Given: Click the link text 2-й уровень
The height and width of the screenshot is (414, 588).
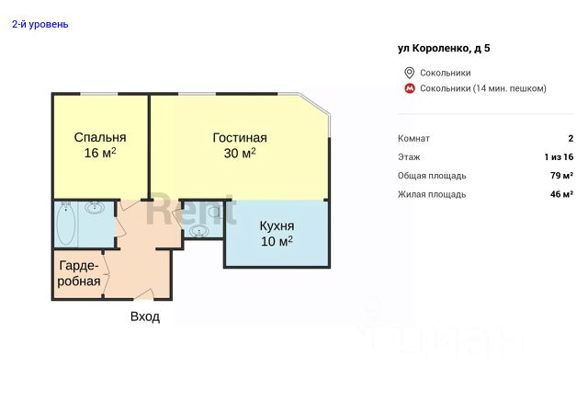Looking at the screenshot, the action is click(40, 25).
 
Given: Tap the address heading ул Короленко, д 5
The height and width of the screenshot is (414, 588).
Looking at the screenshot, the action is click(444, 49).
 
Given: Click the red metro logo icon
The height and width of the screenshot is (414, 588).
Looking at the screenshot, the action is click(409, 88).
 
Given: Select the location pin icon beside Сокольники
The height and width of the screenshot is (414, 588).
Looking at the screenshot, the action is click(409, 73).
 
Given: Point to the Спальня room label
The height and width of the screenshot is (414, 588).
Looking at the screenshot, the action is click(100, 137).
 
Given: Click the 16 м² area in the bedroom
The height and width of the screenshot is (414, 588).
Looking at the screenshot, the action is click(100, 153).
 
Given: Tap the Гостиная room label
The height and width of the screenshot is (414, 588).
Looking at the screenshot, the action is click(240, 138).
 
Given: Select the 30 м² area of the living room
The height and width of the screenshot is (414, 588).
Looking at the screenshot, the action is click(240, 154).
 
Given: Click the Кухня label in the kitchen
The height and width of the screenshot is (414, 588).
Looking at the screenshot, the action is click(277, 226).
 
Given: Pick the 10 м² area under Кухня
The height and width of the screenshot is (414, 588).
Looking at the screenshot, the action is click(277, 241).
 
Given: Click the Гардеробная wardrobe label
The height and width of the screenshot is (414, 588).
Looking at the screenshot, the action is click(79, 273).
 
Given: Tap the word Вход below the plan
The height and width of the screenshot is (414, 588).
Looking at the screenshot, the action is click(145, 316).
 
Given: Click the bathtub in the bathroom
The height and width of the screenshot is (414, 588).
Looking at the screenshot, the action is click(65, 224).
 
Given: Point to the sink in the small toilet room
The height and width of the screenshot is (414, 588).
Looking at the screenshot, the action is click(198, 231).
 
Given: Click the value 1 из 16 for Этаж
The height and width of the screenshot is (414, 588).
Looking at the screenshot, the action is click(559, 157).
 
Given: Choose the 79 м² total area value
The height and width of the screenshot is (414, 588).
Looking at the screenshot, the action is click(561, 176).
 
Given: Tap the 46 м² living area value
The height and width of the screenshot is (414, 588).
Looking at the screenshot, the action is click(561, 194).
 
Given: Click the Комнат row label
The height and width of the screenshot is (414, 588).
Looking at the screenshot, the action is click(413, 139).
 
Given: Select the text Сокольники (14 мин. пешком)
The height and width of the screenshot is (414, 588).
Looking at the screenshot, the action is click(483, 88).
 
